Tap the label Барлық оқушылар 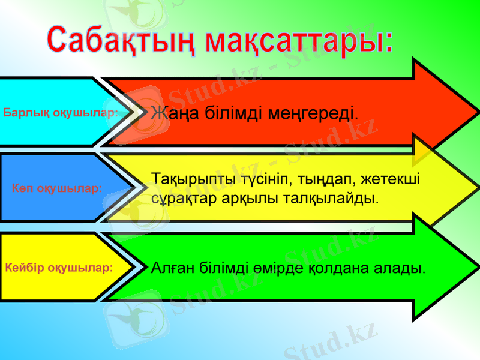click(59, 112)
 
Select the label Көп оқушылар click(58, 188)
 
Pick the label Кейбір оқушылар click(59, 267)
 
